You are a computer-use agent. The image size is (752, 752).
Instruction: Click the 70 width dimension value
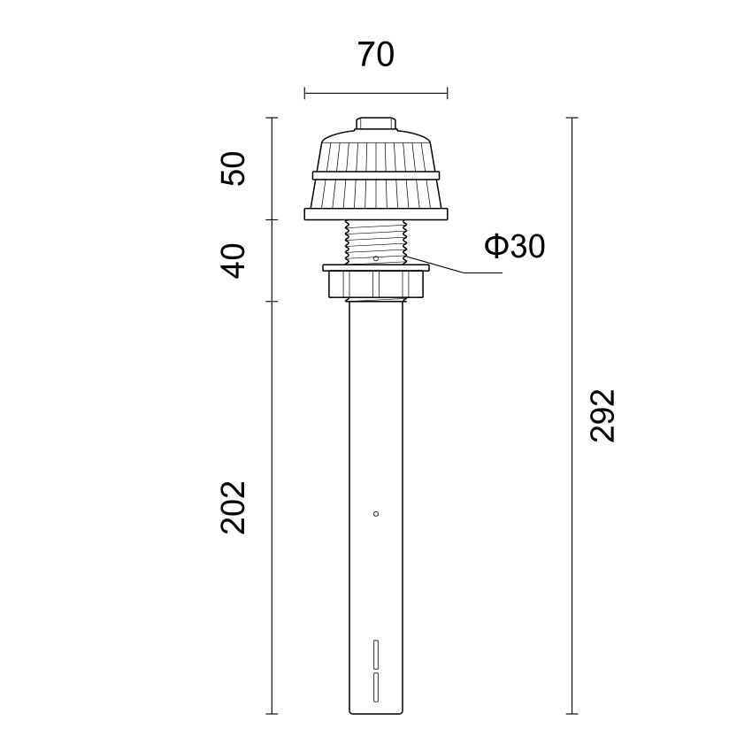point(375,54)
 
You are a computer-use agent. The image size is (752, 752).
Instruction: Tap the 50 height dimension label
point(233,168)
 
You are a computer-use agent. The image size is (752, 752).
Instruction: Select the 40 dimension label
point(233,261)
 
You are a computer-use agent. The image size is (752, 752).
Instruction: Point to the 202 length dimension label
point(233,508)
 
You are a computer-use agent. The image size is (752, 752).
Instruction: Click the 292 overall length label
point(602,415)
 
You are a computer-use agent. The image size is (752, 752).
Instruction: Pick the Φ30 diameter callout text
point(514,246)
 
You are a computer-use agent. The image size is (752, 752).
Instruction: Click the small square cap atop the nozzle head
point(376,124)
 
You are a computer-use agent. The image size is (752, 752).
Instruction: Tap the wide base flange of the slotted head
point(376,214)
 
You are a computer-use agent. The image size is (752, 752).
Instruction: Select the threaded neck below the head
point(376,242)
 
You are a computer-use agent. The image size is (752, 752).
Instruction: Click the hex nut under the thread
point(376,284)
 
